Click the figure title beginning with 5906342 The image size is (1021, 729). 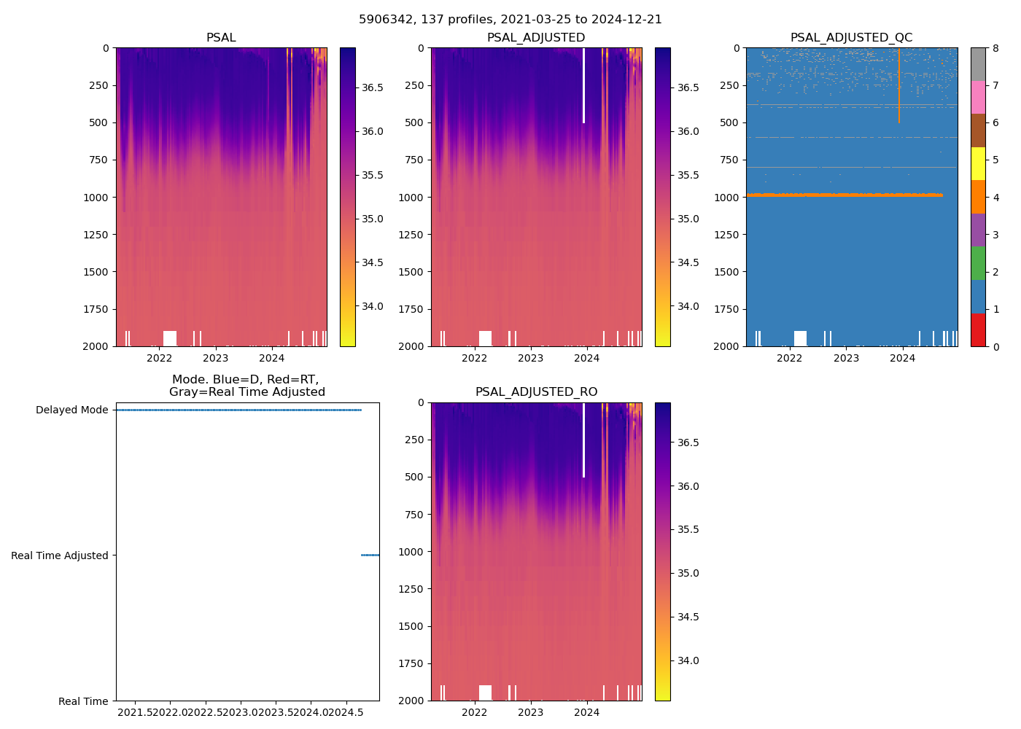[x=510, y=20]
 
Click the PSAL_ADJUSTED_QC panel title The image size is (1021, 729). [x=851, y=38]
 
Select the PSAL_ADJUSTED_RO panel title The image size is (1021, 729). [x=536, y=392]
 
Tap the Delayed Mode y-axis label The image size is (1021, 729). [x=71, y=410]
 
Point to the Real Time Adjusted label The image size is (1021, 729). [x=60, y=555]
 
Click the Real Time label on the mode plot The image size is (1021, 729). [x=83, y=701]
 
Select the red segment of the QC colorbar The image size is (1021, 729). [x=978, y=330]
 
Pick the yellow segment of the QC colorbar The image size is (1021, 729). [x=978, y=163]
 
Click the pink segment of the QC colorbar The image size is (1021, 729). [x=978, y=97]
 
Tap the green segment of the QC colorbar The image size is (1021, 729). [x=978, y=263]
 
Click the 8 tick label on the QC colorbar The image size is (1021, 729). [x=995, y=48]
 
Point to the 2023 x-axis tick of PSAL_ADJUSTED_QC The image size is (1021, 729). [x=846, y=358]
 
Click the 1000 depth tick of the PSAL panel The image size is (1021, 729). [x=96, y=198]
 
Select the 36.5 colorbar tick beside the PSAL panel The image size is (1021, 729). [x=373, y=87]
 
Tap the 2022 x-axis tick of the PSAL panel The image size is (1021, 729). [x=159, y=358]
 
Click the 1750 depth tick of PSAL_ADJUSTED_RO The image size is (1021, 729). [x=411, y=663]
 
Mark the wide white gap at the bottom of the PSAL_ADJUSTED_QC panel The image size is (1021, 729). [x=800, y=338]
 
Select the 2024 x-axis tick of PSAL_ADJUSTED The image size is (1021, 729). [x=587, y=358]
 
